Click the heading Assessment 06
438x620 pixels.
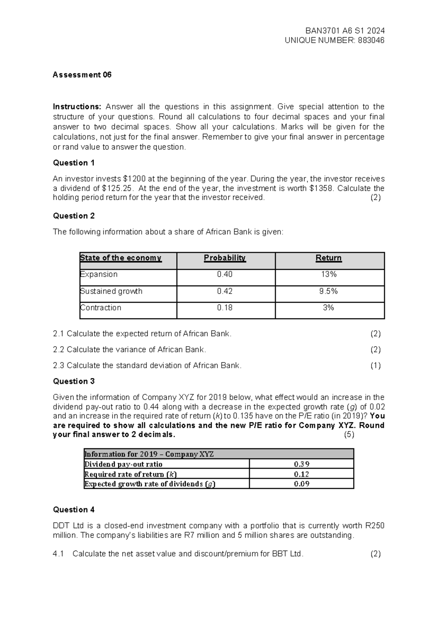click(x=82, y=75)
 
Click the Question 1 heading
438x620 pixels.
click(x=74, y=163)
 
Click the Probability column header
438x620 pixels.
click(x=225, y=258)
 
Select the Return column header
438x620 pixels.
click(x=328, y=258)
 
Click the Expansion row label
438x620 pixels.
click(x=99, y=274)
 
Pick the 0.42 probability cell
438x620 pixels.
click(x=225, y=291)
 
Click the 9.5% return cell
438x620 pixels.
click(x=328, y=291)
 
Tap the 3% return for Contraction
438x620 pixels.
click(x=328, y=308)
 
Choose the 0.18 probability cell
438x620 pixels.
click(x=225, y=308)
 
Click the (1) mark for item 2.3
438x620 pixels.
click(x=375, y=366)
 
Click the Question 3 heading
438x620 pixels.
click(x=74, y=381)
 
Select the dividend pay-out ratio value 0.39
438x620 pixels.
click(x=301, y=464)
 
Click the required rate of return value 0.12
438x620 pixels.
click(x=301, y=474)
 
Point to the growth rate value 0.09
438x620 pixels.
click(x=301, y=484)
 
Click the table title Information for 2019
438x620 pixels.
click(x=149, y=454)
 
